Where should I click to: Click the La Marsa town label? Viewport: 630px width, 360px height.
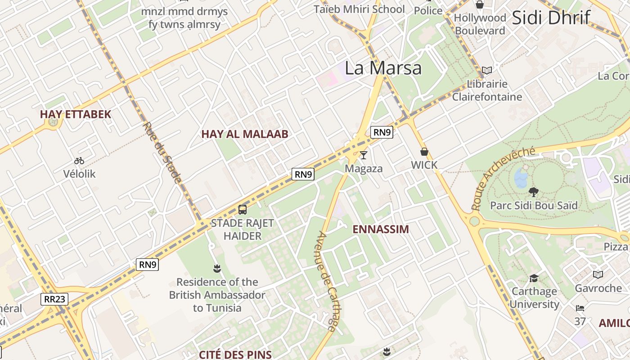[383, 68]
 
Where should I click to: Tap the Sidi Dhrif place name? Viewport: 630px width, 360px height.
[551, 18]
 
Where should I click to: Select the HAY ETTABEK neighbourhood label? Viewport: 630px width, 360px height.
[75, 114]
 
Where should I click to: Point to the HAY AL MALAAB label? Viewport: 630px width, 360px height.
[244, 134]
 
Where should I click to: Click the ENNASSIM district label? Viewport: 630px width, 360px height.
[380, 229]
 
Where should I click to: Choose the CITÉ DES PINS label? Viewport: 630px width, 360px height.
[235, 355]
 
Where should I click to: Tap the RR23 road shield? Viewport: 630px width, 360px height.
[54, 299]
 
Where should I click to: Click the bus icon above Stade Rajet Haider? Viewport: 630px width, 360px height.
[242, 209]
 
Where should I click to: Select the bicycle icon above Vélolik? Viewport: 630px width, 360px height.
[79, 161]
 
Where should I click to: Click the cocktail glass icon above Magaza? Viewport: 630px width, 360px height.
[364, 155]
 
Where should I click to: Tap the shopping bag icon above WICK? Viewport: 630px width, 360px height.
[424, 152]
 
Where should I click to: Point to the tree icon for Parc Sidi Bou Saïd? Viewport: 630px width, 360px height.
[534, 192]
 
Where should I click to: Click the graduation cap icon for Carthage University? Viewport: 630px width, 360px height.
[534, 278]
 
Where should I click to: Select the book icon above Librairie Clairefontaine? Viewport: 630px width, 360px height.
[486, 70]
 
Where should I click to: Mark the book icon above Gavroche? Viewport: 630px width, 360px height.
[598, 274]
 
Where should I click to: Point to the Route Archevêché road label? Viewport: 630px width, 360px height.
[503, 178]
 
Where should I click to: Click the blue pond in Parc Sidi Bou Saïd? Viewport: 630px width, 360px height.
[521, 177]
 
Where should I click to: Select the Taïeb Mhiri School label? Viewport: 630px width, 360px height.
[359, 9]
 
